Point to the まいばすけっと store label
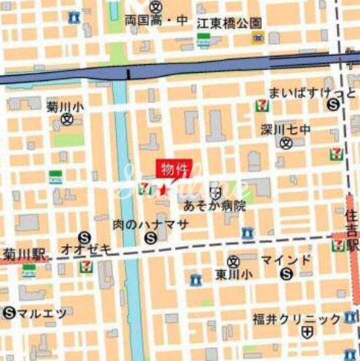(x=302, y=92)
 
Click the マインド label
(x=286, y=260)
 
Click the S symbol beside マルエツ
(x=9, y=313)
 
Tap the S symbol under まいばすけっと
(x=332, y=105)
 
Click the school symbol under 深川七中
(x=284, y=143)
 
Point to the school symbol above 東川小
(x=233, y=261)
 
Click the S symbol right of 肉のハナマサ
(x=152, y=238)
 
